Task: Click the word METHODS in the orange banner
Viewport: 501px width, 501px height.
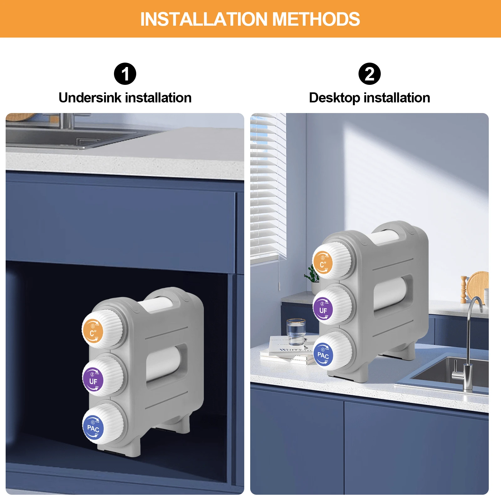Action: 316,19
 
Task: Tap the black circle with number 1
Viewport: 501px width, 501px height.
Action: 125,74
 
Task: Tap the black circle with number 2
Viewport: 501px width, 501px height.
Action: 369,74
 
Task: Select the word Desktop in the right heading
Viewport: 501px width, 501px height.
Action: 334,98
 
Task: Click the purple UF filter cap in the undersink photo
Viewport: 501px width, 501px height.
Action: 93,379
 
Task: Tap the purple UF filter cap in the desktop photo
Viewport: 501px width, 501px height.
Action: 323,308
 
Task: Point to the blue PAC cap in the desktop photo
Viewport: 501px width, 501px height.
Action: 323,354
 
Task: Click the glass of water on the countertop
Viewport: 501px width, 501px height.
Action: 296,332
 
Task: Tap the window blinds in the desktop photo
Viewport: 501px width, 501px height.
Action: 268,188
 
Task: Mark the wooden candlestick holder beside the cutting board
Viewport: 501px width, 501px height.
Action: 463,290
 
